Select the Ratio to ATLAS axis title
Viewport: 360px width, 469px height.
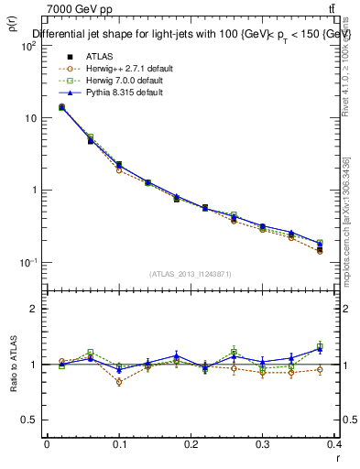[x=15, y=366]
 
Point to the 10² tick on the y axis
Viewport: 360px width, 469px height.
[x=27, y=47]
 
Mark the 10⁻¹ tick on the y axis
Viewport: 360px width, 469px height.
[x=27, y=263]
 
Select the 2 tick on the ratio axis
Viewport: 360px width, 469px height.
[x=33, y=310]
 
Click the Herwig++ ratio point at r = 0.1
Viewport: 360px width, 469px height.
[x=119, y=382]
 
